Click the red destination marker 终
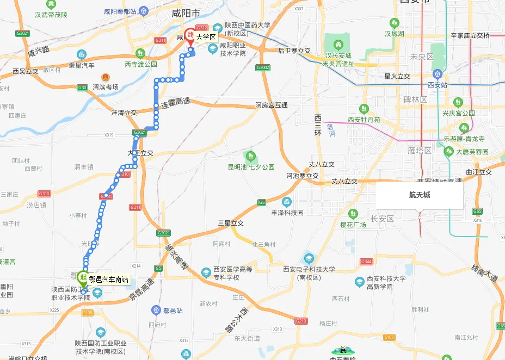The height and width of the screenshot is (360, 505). click(x=190, y=35)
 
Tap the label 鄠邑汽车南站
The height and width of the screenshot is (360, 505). click(x=109, y=280)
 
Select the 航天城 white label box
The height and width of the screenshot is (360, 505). click(x=420, y=195)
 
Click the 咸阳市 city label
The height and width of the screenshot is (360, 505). click(x=185, y=13)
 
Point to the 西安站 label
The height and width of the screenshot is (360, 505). click(x=437, y=85)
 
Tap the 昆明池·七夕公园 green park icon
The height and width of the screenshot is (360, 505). click(x=251, y=157)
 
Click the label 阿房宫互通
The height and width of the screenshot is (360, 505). click(x=271, y=105)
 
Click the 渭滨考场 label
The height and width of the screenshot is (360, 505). click(x=106, y=87)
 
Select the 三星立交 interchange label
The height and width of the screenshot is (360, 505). click(x=230, y=223)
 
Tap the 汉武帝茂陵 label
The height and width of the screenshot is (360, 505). click(x=51, y=15)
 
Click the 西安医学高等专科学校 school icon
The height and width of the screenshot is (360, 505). click(x=206, y=271)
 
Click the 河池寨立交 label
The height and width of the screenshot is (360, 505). click(x=303, y=176)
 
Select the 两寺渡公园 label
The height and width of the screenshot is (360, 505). click(x=140, y=64)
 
